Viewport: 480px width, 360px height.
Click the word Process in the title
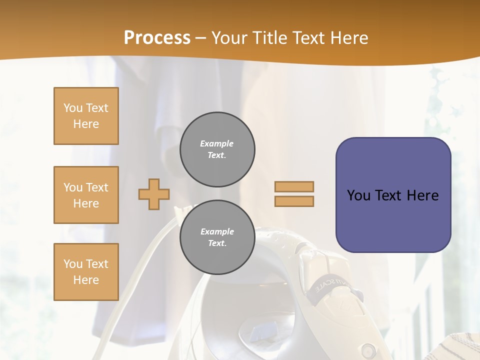pyautogui.click(x=157, y=38)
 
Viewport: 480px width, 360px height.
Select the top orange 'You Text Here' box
pyautogui.click(x=86, y=116)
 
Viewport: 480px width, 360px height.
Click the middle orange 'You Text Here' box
pyautogui.click(x=86, y=195)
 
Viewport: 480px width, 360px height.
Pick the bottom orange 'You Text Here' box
pyautogui.click(x=86, y=272)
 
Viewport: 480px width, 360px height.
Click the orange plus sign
pyautogui.click(x=154, y=194)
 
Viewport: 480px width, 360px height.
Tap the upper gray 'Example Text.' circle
pyautogui.click(x=217, y=149)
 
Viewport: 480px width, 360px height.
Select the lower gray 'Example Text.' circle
pyautogui.click(x=217, y=237)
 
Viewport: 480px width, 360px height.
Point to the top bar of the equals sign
pyautogui.click(x=294, y=186)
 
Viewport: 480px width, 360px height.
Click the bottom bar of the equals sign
pyautogui.click(x=294, y=201)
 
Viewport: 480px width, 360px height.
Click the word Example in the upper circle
pyautogui.click(x=217, y=143)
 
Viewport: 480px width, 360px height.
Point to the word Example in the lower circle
pyautogui.click(x=217, y=231)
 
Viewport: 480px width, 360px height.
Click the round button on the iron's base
pyautogui.click(x=369, y=348)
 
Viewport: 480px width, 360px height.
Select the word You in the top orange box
pyautogui.click(x=73, y=108)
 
